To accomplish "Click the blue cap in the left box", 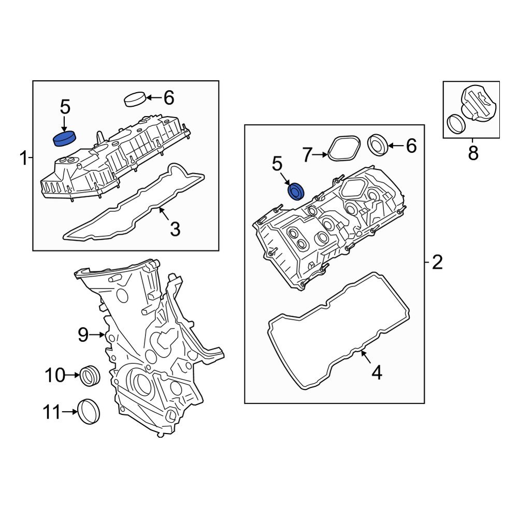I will (65, 139).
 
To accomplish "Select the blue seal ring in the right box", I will (296, 191).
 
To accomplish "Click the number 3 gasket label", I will (175, 228).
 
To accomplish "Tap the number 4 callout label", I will (377, 372).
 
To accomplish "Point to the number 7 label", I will (308, 154).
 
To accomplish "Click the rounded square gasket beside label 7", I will (343, 149).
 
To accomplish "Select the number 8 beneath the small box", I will (472, 153).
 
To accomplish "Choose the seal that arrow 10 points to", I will (90, 375).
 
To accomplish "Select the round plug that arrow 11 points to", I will (89, 412).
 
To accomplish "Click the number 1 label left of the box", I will (23, 158).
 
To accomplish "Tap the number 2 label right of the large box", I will (437, 263).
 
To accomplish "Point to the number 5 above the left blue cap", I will (64, 107).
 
